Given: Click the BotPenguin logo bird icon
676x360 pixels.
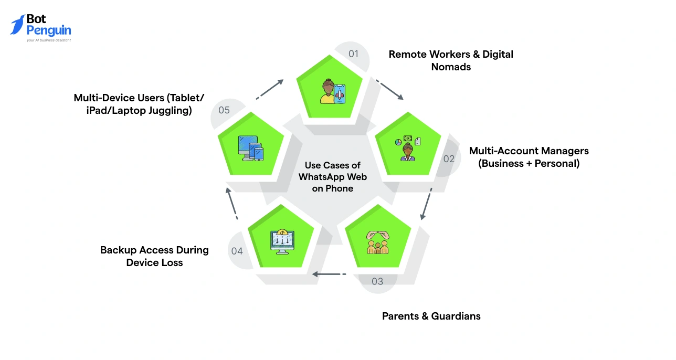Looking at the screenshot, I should [18, 25].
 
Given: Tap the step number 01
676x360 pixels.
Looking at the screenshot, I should [353, 54].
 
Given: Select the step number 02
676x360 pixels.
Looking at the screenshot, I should [449, 158].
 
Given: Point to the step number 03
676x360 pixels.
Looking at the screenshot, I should [377, 281].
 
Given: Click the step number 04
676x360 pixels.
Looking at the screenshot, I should [237, 251].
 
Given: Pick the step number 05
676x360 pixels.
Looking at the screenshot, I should [224, 110].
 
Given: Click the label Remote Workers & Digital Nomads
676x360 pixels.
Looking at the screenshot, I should [450, 60].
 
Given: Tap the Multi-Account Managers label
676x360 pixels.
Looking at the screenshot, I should [529, 157].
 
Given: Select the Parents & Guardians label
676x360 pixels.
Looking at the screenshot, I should [431, 316].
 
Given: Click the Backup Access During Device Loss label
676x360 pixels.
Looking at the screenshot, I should [154, 256].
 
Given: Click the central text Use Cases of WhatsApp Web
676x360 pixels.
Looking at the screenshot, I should [332, 177].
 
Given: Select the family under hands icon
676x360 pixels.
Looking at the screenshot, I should [377, 241].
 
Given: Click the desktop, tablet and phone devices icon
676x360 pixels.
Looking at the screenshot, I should [250, 148].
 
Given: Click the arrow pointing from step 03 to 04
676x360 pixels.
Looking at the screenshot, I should [329, 274].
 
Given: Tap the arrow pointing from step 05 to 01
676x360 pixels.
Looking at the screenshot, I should [270, 88].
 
